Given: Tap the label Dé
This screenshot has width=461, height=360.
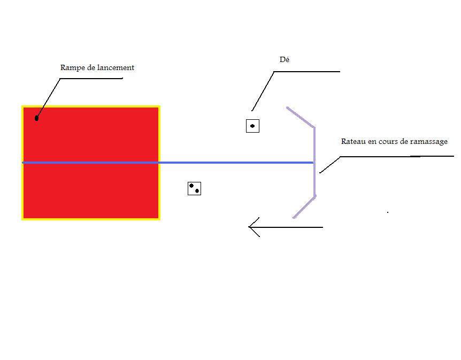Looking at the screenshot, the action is coord(285,59).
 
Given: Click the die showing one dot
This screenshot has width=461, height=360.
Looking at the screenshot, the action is coord(252,126).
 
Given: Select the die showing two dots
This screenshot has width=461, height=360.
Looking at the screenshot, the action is coord(194,188).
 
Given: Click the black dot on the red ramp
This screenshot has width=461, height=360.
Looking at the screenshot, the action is coord(37,118).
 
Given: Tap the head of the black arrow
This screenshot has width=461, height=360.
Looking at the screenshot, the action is coord(249,227).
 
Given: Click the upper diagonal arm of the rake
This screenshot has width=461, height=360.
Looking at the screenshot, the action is coord(301,117).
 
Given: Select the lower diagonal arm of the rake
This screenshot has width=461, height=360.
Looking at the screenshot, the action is coord(304,207).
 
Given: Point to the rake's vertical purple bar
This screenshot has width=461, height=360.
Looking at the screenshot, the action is coord(314,162).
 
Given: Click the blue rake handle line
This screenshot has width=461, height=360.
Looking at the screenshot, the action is coord(168,163).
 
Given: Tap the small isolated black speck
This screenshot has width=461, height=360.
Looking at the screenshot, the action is coord(388,212).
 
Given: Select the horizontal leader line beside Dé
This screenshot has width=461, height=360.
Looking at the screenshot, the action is coord(306,72).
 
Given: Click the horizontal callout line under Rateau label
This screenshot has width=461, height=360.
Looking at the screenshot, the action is coord(397,156).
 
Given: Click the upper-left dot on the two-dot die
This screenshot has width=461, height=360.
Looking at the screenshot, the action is coord(191,186).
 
